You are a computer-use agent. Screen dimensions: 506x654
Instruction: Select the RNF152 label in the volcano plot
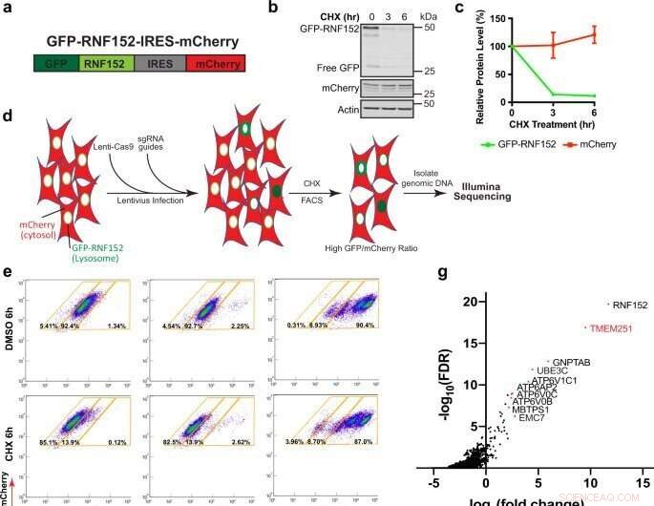[x=630, y=305]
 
